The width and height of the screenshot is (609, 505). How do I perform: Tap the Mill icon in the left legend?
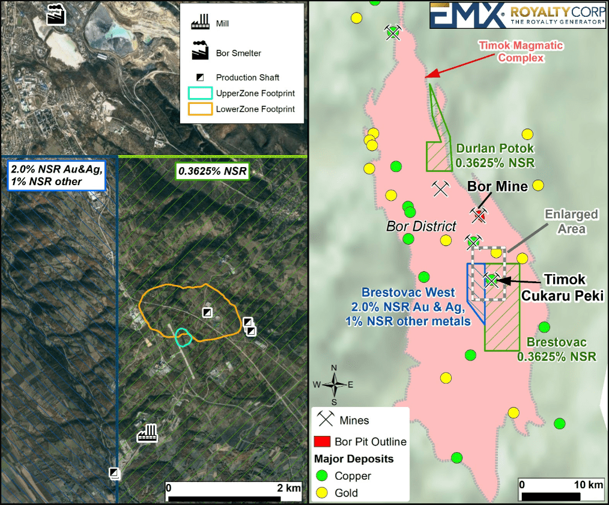(x=199, y=23)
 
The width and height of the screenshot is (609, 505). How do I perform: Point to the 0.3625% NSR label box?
(x=212, y=171)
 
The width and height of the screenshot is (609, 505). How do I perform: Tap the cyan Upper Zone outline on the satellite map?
(x=183, y=337)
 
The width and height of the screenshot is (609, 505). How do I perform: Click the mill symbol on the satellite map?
(x=147, y=433)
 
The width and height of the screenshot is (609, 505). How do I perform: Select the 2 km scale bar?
(x=233, y=494)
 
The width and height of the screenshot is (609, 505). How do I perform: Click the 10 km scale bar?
(x=561, y=494)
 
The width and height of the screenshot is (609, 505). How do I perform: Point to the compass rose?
(x=335, y=385)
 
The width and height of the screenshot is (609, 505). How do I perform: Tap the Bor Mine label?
(x=497, y=187)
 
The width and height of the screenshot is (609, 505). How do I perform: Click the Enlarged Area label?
(x=571, y=221)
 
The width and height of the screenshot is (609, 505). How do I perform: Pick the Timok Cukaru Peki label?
(x=573, y=288)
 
